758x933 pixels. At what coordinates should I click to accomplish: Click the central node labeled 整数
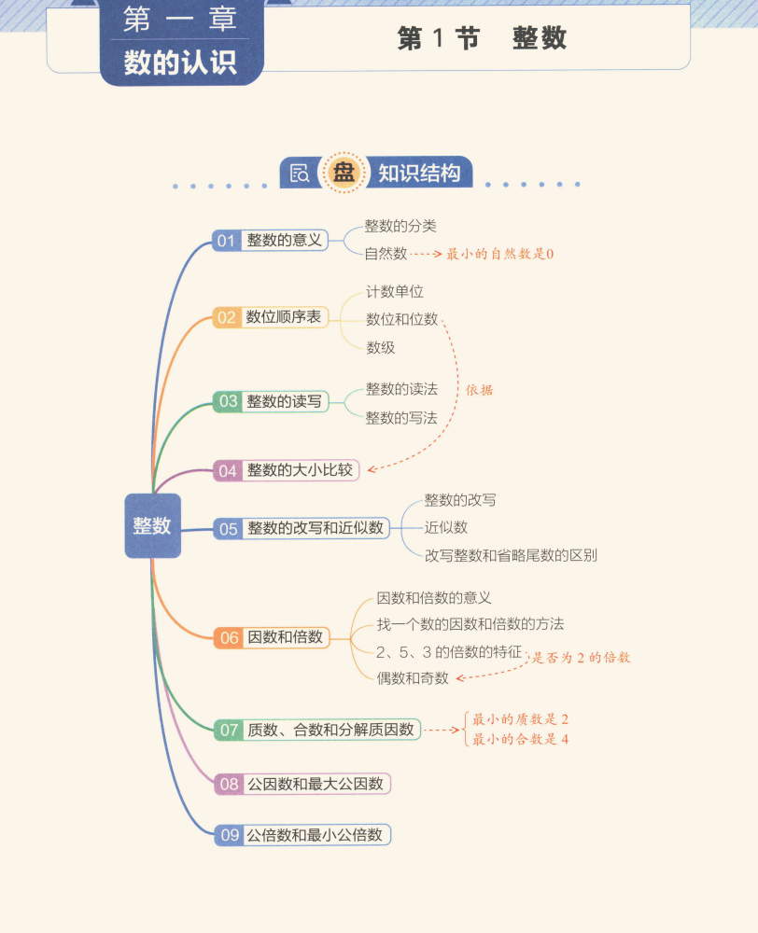tap(152, 525)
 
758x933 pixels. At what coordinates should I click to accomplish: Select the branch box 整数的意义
tap(284, 241)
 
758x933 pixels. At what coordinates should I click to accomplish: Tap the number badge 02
tap(227, 317)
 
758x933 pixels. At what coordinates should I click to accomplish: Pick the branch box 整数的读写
tap(284, 401)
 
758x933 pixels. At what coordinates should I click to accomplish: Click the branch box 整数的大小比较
tap(300, 470)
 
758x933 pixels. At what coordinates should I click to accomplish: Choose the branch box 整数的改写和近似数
tap(315, 528)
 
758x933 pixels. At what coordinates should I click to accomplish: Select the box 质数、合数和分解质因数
tap(330, 730)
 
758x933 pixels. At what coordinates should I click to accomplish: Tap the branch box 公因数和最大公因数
tap(315, 784)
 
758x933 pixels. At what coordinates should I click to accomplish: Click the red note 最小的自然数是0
tap(500, 253)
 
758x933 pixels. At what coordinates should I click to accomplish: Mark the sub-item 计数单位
tap(394, 291)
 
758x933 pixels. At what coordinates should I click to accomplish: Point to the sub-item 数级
tap(380, 347)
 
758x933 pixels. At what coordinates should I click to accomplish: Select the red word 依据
tap(479, 390)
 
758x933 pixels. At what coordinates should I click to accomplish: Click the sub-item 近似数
tap(445, 527)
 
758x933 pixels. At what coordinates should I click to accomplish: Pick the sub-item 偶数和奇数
tap(412, 677)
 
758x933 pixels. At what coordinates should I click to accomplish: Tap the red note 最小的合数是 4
tap(520, 739)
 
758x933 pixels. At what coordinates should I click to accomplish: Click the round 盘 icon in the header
tap(344, 174)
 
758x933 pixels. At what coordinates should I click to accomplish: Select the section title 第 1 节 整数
tap(482, 38)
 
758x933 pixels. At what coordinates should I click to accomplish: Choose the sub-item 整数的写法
tap(400, 418)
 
